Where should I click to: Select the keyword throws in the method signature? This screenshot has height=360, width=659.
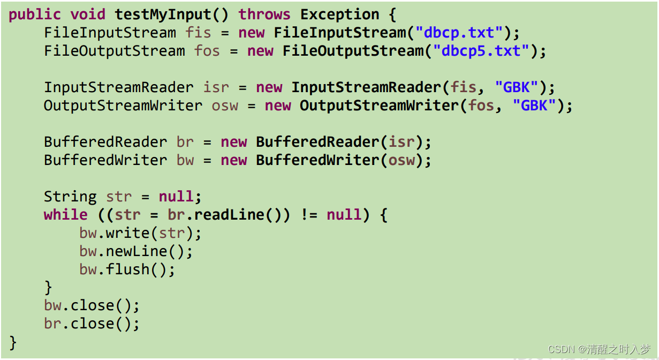[x=264, y=14]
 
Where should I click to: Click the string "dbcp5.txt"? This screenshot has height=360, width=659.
[x=481, y=51]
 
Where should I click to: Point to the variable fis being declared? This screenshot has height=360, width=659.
[x=199, y=33]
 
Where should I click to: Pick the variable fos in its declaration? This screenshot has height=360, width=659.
[x=207, y=51]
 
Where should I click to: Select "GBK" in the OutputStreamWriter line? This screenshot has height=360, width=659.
[x=534, y=106]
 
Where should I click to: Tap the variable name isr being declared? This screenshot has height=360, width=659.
[x=216, y=87]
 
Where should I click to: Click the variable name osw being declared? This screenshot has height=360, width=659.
[x=225, y=106]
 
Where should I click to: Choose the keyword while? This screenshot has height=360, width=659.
[x=66, y=215]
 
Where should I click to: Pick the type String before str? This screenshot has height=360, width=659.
[x=70, y=197]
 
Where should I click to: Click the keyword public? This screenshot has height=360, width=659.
[x=35, y=14]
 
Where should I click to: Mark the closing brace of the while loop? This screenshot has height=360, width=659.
[x=48, y=288]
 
